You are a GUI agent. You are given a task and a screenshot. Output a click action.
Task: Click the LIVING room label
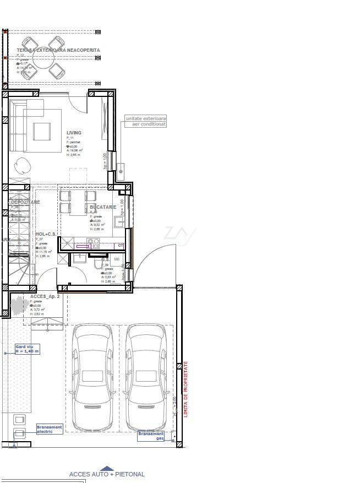[x=74, y=133]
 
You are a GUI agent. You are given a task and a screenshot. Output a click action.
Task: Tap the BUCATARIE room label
[x=103, y=207]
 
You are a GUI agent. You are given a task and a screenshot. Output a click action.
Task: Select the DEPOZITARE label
[x=25, y=202]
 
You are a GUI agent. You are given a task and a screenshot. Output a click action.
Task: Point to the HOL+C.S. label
[x=45, y=234]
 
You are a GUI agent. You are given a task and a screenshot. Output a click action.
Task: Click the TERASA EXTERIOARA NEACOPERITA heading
[x=58, y=50]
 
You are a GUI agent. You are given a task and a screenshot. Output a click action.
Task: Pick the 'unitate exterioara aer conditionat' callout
[x=145, y=121]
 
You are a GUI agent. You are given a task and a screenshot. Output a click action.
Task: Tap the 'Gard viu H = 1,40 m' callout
[x=27, y=349]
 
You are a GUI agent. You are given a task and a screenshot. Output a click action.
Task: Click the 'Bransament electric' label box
[x=50, y=429]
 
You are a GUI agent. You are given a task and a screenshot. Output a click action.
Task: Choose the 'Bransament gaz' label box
[x=150, y=436]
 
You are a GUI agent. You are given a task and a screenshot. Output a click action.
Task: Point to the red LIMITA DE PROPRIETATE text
[x=186, y=389]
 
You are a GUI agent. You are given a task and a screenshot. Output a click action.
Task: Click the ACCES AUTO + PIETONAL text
[x=107, y=474]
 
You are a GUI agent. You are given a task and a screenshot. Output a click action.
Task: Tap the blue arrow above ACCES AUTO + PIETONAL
[x=107, y=468]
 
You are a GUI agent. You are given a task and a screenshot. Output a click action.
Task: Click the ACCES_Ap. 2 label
[x=45, y=296]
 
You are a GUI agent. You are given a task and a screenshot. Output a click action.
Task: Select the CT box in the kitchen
[x=121, y=246]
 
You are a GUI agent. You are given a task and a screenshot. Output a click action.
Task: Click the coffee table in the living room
[x=42, y=131]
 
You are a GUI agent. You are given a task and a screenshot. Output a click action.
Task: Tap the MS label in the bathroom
[x=117, y=259]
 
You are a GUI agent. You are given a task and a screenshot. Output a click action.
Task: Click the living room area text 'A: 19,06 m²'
[x=74, y=150]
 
